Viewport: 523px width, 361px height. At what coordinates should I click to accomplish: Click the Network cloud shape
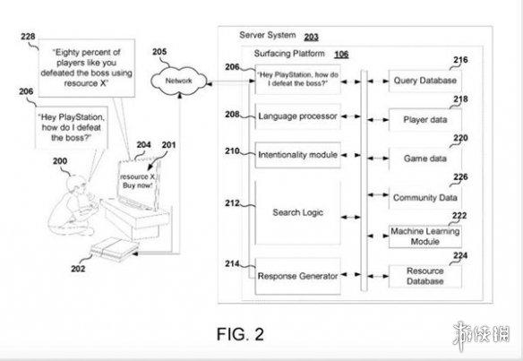point(178,81)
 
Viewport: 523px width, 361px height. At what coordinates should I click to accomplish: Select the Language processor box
point(297,116)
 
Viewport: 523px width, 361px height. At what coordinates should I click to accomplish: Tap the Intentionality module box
point(297,155)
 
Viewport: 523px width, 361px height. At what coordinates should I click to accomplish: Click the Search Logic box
point(297,212)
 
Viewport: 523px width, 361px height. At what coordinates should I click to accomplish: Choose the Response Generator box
point(297,276)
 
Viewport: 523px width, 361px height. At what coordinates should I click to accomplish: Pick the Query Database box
point(424,81)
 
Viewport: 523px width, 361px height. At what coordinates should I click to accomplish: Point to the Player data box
point(424,119)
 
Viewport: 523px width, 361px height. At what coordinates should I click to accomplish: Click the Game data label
point(424,159)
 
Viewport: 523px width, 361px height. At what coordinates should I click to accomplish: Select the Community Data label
point(424,197)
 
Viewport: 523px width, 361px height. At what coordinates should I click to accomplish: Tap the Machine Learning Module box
point(424,236)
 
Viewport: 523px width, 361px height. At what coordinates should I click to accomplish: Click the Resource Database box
point(424,276)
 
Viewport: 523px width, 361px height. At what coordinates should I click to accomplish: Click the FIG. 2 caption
point(240,334)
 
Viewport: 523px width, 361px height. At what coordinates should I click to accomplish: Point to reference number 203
point(311,37)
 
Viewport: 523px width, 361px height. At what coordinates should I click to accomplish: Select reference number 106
point(341,54)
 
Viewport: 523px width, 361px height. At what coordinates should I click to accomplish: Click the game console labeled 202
point(115,250)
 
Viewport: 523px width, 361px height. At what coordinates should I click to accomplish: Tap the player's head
point(75,185)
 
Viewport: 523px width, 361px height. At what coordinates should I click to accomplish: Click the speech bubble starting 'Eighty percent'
point(87,68)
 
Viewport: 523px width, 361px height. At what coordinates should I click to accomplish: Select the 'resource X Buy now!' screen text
point(137,181)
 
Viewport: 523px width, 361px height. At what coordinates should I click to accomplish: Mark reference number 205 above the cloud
point(159,52)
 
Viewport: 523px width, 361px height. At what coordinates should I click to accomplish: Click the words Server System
point(268,35)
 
